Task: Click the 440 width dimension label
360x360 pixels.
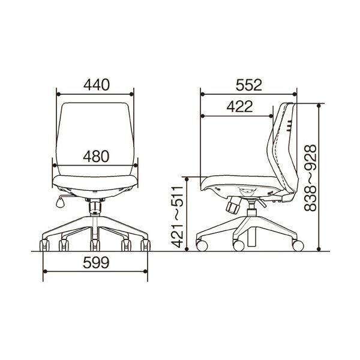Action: coord(96,85)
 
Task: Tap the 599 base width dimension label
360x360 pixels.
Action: coord(96,262)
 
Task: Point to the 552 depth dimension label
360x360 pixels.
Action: coord(248,85)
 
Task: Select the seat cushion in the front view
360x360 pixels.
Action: coord(96,182)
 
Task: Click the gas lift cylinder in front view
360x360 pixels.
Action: coord(95,208)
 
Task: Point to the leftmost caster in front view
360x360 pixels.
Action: coord(45,245)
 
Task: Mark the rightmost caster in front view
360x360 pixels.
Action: coord(145,245)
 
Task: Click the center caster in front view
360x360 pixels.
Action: coord(95,245)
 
